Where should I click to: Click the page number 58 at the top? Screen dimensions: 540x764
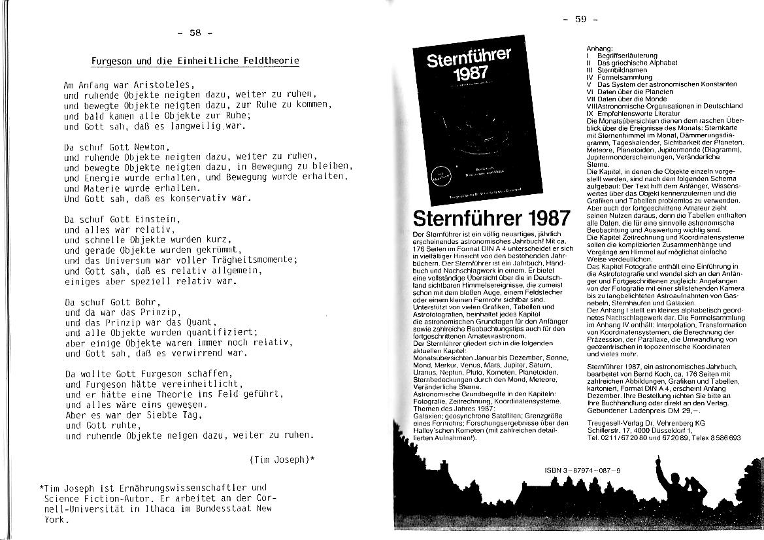(195, 32)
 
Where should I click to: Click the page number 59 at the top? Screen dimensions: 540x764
(580, 19)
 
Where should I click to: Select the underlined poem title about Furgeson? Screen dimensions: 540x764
(195, 61)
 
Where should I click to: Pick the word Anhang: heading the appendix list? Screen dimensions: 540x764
(600, 49)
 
